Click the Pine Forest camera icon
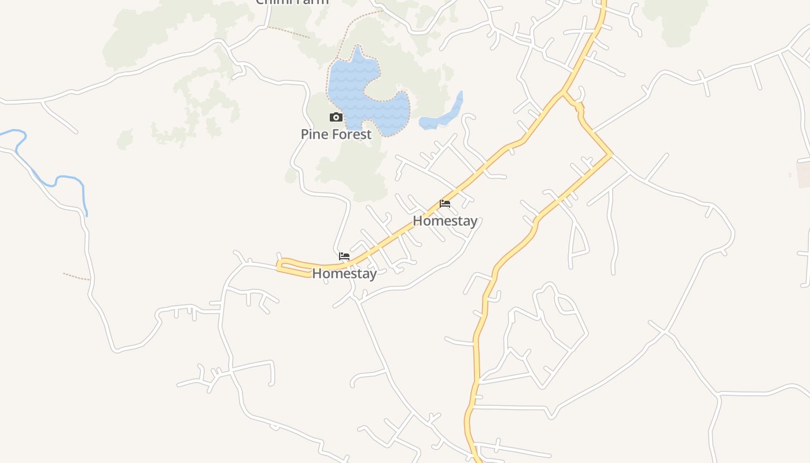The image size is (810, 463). (x=336, y=117)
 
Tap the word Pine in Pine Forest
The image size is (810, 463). (x=314, y=134)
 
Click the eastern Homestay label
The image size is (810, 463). (x=445, y=221)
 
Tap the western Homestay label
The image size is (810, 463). (x=344, y=273)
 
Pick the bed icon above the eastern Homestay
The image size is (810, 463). (x=445, y=204)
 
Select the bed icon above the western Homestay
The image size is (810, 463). (x=344, y=256)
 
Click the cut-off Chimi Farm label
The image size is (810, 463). (x=292, y=2)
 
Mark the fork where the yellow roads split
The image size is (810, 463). (x=563, y=93)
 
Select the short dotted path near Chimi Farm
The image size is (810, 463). (x=289, y=32)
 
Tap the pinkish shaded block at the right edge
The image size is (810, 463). (x=804, y=174)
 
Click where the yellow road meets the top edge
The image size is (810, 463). (x=603, y=2)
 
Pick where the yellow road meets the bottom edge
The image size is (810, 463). (x=477, y=460)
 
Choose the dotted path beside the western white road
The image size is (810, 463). (x=76, y=277)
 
